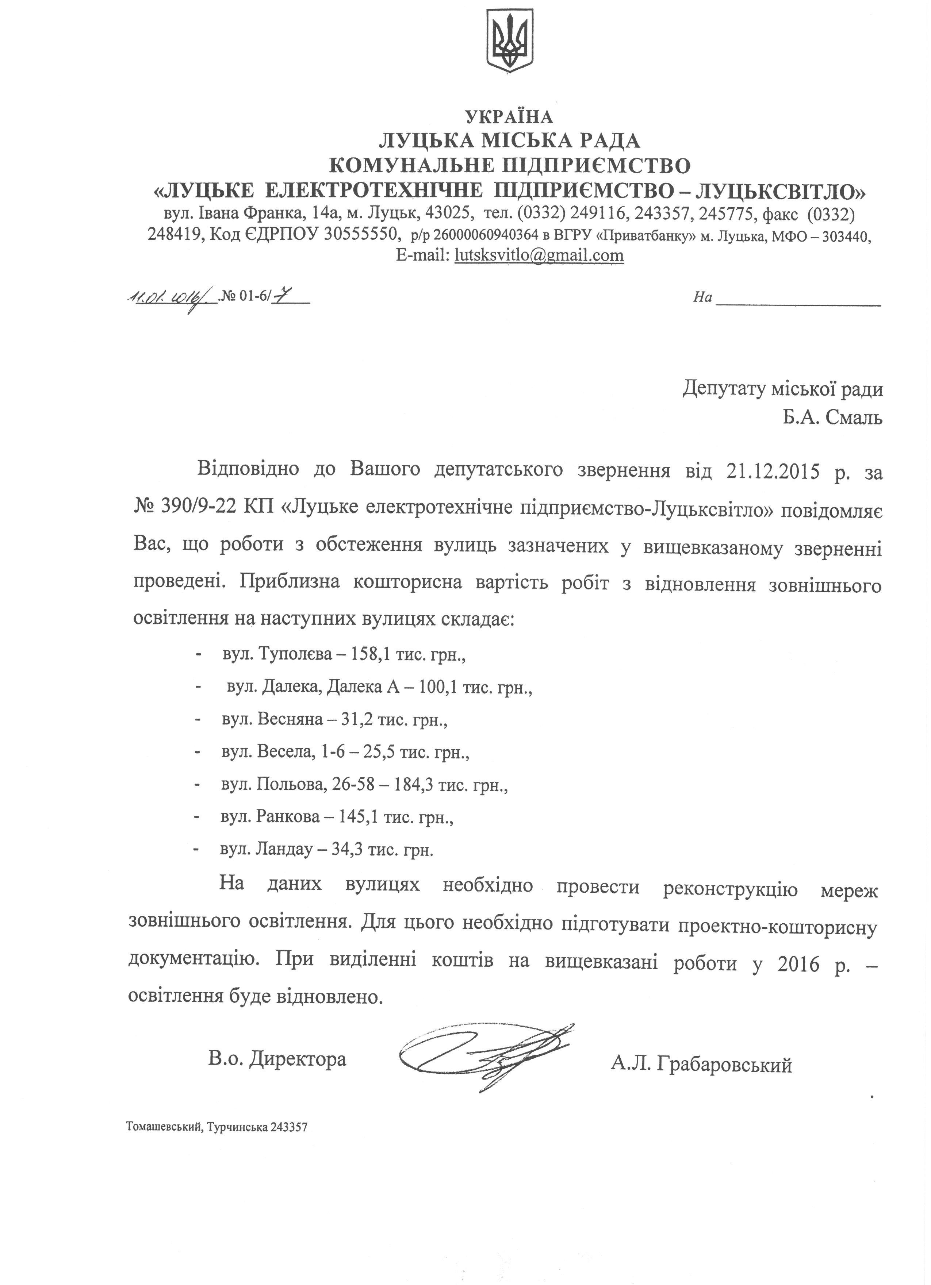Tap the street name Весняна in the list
pos(290,720)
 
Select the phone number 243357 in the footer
pos(289,1127)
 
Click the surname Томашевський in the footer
pos(164,1127)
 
